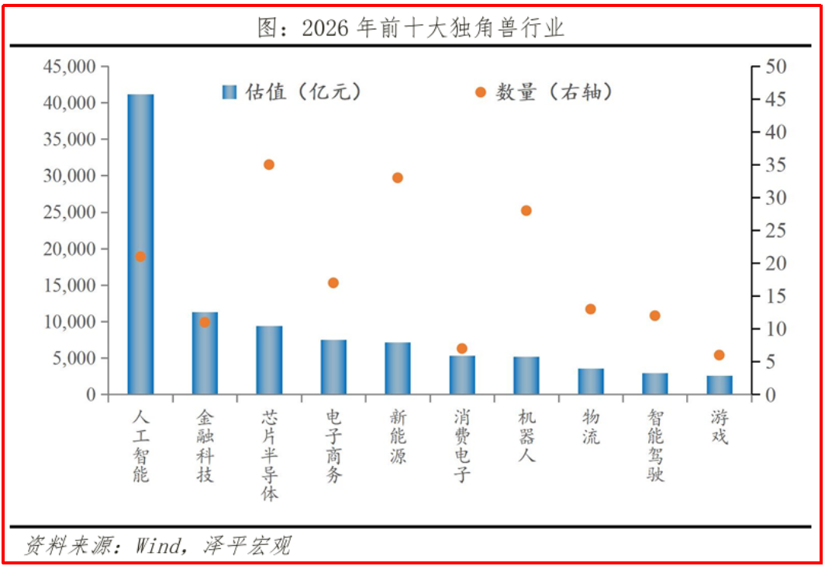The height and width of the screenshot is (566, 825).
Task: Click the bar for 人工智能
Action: tap(140, 244)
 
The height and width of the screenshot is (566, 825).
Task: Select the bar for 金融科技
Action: tap(205, 353)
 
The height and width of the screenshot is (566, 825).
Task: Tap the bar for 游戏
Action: tap(720, 385)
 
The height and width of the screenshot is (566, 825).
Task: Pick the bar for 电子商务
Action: tap(333, 368)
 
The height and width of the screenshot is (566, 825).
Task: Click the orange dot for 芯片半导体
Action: tap(269, 164)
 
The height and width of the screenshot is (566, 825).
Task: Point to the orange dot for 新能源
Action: tap(398, 178)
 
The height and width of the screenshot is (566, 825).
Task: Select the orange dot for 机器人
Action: tap(526, 210)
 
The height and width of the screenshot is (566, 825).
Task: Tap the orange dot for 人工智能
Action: tap(140, 257)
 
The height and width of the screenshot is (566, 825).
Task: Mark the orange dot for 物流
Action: tap(590, 309)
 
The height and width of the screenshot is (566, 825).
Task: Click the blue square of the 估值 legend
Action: tap(230, 92)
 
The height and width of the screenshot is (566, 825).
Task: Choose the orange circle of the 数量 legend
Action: tap(481, 92)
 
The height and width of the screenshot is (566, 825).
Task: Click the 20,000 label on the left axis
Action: tap(70, 249)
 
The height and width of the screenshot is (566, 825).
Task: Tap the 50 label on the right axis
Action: tap(775, 67)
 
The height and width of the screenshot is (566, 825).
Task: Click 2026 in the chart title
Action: tap(325, 27)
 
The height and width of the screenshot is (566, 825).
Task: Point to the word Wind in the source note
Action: tap(157, 546)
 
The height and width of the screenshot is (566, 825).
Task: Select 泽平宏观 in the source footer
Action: tap(247, 546)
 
